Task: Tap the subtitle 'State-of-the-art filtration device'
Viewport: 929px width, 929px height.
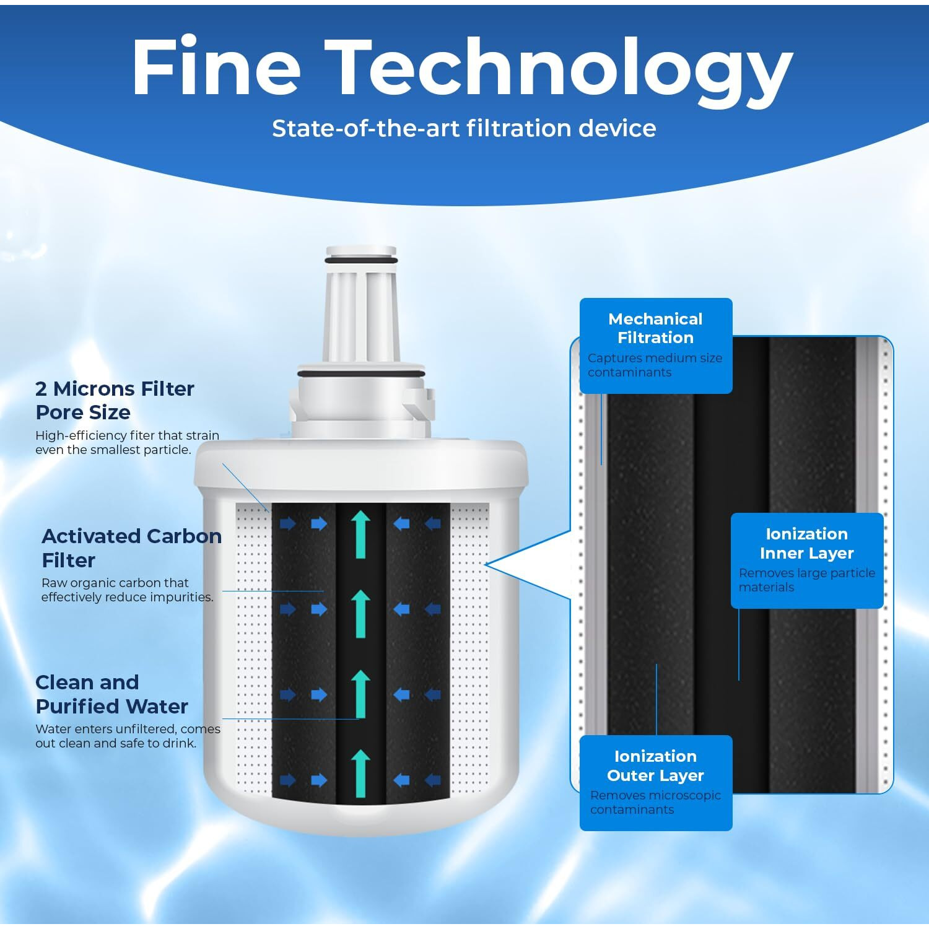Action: (x=464, y=128)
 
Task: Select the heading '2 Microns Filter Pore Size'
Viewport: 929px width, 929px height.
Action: (x=115, y=400)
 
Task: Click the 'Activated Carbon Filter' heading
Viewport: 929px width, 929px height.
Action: (x=131, y=547)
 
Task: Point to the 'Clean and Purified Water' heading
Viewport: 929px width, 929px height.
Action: (x=111, y=694)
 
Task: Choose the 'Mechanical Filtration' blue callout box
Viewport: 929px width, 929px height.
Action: (x=655, y=345)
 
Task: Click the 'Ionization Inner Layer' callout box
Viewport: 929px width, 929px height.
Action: (x=806, y=560)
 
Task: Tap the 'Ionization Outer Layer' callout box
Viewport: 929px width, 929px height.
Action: (x=655, y=782)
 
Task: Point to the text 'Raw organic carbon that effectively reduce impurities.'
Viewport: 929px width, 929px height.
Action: (x=127, y=590)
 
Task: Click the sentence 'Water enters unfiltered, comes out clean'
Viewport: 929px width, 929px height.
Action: (x=128, y=736)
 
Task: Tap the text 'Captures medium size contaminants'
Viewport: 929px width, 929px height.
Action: (x=655, y=365)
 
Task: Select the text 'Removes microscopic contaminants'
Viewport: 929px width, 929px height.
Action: (x=655, y=802)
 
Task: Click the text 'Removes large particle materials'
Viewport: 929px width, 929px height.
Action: (x=806, y=580)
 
